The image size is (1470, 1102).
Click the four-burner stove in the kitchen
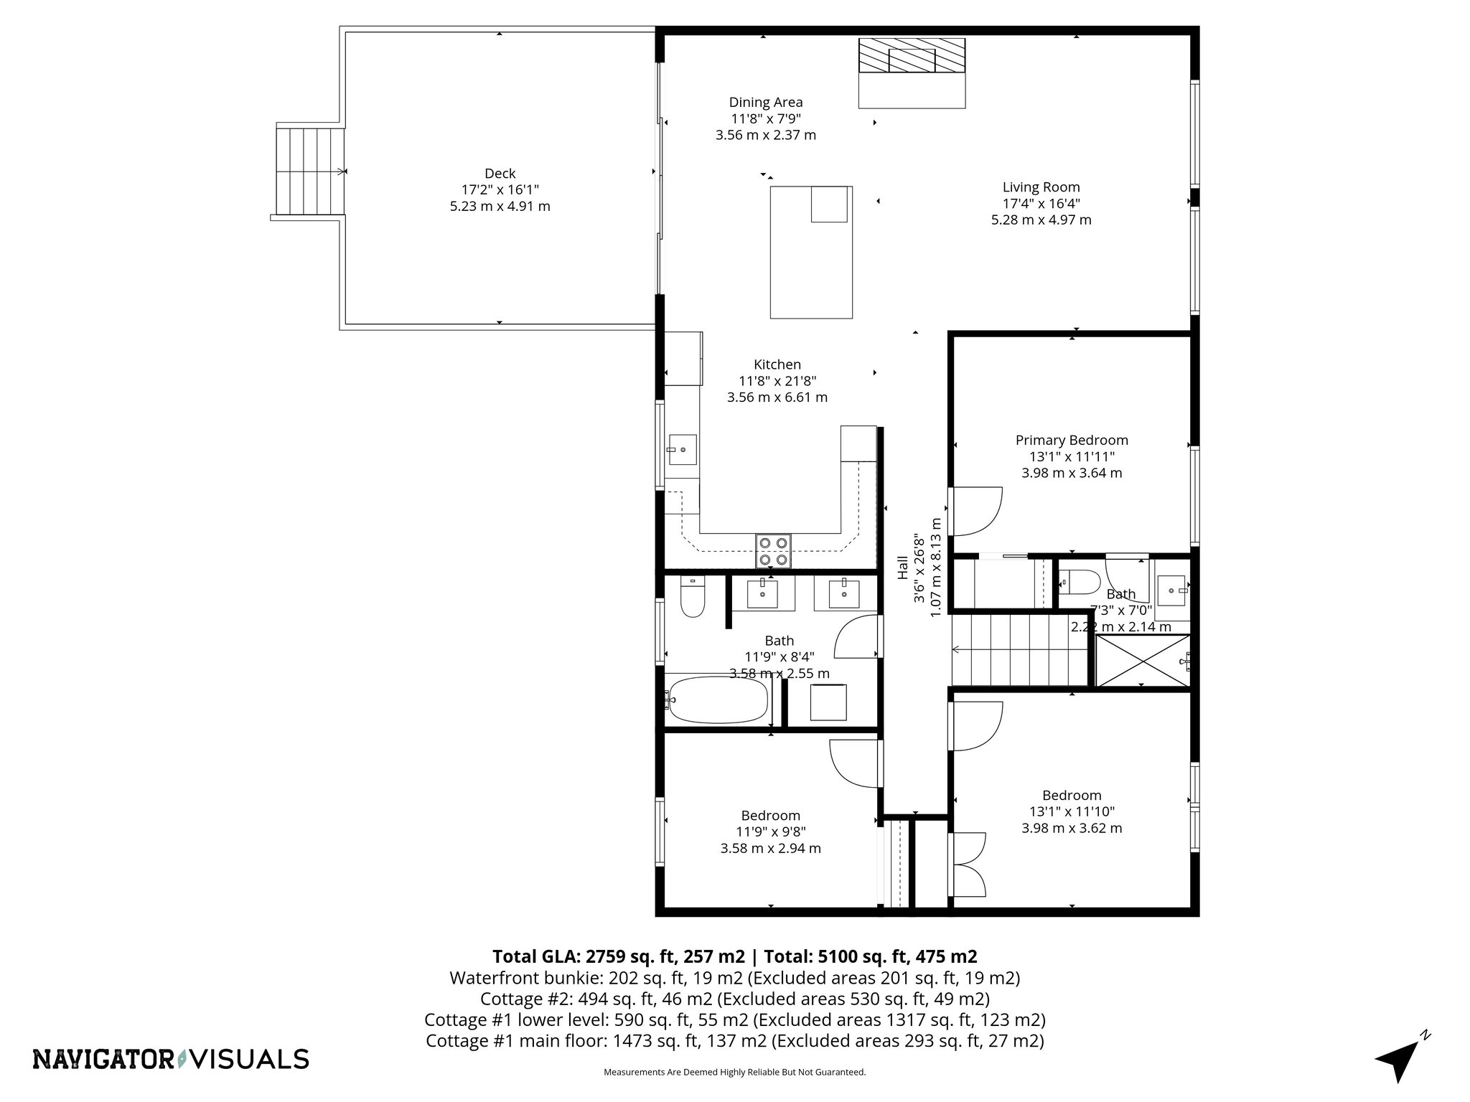coord(773,551)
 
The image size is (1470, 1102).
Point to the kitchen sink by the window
coord(683,450)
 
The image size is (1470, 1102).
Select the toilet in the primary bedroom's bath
coord(1080,582)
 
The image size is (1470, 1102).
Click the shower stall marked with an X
coord(1141,661)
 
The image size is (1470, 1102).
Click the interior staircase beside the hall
coord(1021,650)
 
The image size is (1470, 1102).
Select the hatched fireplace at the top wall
coord(912,55)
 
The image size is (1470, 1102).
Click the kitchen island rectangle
coord(811,252)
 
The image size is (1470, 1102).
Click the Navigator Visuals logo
coord(171,1059)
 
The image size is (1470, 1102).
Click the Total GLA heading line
coord(734,956)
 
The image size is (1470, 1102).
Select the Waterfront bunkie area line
coord(734,978)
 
